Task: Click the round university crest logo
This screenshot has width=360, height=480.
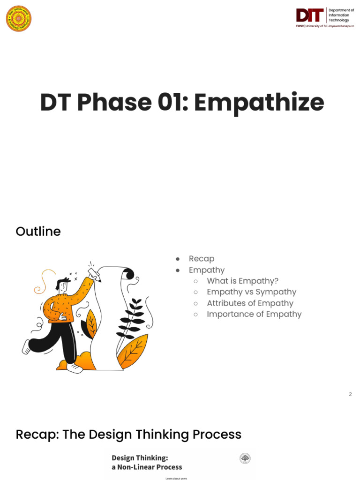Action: pyautogui.click(x=19, y=19)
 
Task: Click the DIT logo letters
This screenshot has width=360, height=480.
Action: pyautogui.click(x=310, y=15)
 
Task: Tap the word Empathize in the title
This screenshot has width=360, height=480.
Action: pyautogui.click(x=259, y=102)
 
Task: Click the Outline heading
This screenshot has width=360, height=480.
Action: pyautogui.click(x=38, y=232)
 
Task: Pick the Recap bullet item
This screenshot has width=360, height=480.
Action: pyautogui.click(x=202, y=259)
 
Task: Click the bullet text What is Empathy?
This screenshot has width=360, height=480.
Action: pyautogui.click(x=242, y=281)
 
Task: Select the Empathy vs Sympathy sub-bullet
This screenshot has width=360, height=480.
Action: pyautogui.click(x=251, y=292)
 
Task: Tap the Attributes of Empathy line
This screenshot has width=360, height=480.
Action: pyautogui.click(x=250, y=303)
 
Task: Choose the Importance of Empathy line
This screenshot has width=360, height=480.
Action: pyautogui.click(x=254, y=314)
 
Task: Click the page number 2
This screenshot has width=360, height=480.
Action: pyautogui.click(x=350, y=394)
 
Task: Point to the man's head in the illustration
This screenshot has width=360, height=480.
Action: pyautogui.click(x=63, y=285)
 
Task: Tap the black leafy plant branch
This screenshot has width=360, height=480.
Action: pyautogui.click(x=132, y=319)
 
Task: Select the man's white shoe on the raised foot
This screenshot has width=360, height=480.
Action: pyautogui.click(x=26, y=347)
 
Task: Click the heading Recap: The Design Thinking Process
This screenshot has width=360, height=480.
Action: pyautogui.click(x=128, y=435)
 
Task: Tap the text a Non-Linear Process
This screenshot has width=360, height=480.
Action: pyautogui.click(x=146, y=467)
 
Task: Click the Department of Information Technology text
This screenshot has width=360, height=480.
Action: pyautogui.click(x=341, y=15)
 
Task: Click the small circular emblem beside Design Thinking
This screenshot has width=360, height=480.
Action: pyautogui.click(x=245, y=458)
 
